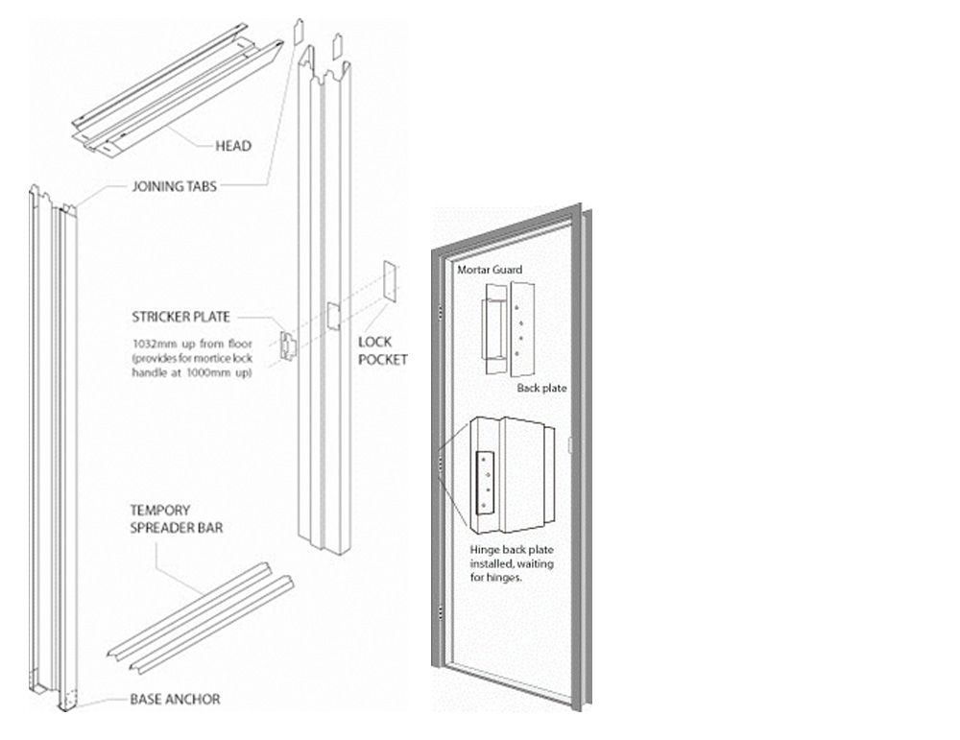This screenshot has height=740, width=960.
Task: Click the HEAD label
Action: pos(232,146)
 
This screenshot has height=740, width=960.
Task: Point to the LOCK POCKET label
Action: pos(382,350)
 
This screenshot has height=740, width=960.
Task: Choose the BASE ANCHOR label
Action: pos(175,699)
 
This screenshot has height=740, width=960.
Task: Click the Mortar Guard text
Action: pos(490,270)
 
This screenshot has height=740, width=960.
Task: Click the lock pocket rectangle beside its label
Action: pos(391,282)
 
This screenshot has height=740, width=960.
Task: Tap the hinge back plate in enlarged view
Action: pos(485,480)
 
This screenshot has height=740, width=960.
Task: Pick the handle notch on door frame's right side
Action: pos(570,444)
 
